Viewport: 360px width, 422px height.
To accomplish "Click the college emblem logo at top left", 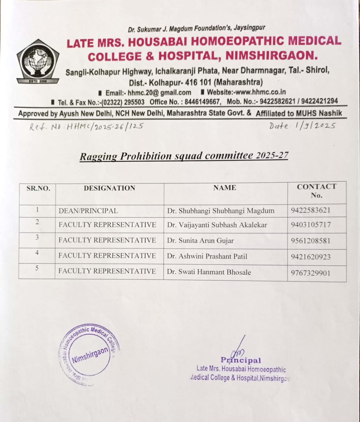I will [38, 62].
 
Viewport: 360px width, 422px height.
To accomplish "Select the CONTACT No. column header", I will [316, 191].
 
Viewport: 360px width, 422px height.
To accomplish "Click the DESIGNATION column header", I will [109, 188].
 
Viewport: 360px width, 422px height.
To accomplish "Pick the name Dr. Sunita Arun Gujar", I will [200, 241].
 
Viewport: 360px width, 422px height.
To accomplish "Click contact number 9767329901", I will [310, 273].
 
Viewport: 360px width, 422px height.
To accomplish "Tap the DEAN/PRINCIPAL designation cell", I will [88, 211].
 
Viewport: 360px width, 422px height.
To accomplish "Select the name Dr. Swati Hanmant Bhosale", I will [209, 272].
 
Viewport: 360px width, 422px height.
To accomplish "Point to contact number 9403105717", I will [311, 225].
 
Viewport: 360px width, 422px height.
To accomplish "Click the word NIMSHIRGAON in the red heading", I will [271, 55].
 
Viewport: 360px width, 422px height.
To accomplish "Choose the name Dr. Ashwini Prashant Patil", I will [207, 256].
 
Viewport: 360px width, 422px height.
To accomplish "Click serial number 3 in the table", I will [37, 237].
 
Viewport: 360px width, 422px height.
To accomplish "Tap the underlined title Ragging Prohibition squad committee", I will [184, 156].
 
